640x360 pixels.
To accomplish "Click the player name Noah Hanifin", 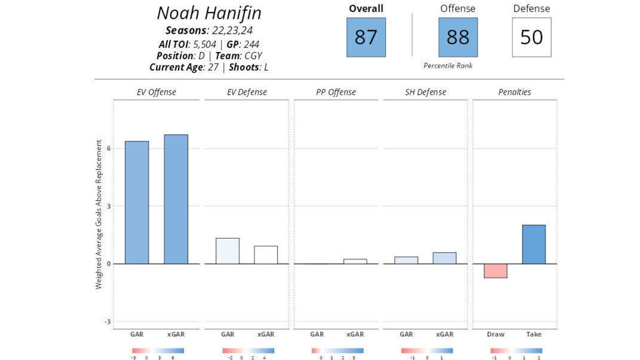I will click(x=209, y=13).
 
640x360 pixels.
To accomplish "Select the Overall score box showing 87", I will click(x=366, y=37).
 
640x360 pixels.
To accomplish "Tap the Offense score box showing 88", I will click(x=458, y=37).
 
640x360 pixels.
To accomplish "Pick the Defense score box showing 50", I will click(x=531, y=37).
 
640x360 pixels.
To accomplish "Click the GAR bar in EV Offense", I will click(x=136, y=202).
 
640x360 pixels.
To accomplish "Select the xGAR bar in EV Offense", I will click(x=176, y=199).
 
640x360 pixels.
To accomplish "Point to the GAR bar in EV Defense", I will click(x=227, y=250).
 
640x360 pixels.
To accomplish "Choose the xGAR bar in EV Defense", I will click(x=265, y=254).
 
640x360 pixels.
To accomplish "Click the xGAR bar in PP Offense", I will click(x=355, y=261).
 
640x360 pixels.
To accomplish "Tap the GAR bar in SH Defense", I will click(x=406, y=260).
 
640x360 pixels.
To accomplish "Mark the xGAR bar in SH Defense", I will click(x=444, y=258).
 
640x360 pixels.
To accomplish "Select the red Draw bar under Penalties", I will click(x=495, y=270).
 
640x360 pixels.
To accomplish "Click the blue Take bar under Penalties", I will click(x=533, y=244).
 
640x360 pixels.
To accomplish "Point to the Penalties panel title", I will click(x=514, y=92).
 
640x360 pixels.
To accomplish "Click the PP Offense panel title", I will click(x=335, y=92).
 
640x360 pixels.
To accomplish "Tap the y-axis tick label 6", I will click(x=108, y=148).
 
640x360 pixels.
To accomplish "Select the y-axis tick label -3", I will click(x=107, y=321).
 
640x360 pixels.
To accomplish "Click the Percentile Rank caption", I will click(x=447, y=65).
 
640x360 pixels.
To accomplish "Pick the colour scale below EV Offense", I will click(x=157, y=350).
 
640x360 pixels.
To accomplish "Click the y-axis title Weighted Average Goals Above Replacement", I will click(x=99, y=214).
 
